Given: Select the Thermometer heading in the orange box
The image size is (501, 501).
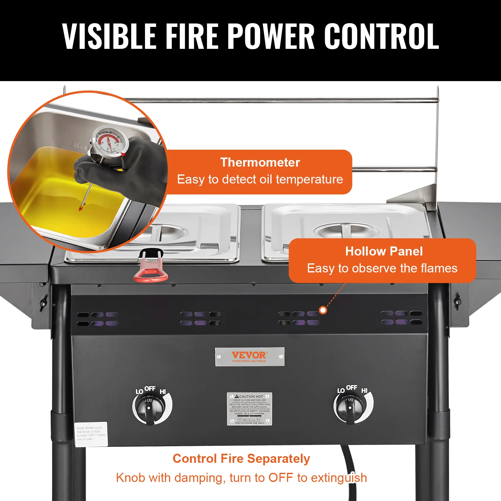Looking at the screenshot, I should (x=260, y=162).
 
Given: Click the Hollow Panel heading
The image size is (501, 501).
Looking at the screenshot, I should (x=384, y=251).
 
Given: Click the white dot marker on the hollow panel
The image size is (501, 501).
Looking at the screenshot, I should (x=323, y=310).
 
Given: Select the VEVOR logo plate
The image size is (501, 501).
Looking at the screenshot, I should (x=250, y=356).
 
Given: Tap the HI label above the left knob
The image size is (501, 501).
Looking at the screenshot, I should (x=163, y=392).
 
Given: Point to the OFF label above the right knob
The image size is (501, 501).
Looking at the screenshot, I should (x=352, y=388).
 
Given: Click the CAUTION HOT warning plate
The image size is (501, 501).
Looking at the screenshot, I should (x=250, y=409).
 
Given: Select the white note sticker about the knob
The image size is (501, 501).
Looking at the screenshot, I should (x=91, y=434).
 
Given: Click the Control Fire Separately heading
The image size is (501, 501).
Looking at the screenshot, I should (x=241, y=458).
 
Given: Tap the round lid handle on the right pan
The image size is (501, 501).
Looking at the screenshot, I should (x=345, y=230).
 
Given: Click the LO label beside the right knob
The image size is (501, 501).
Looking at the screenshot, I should (x=341, y=390).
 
